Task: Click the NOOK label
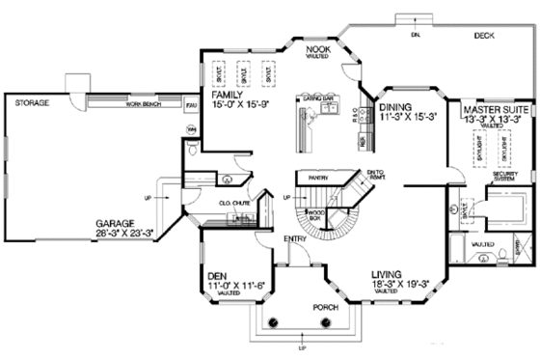coord(320,48)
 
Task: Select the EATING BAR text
coord(317,98)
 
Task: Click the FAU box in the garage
coord(191,103)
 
